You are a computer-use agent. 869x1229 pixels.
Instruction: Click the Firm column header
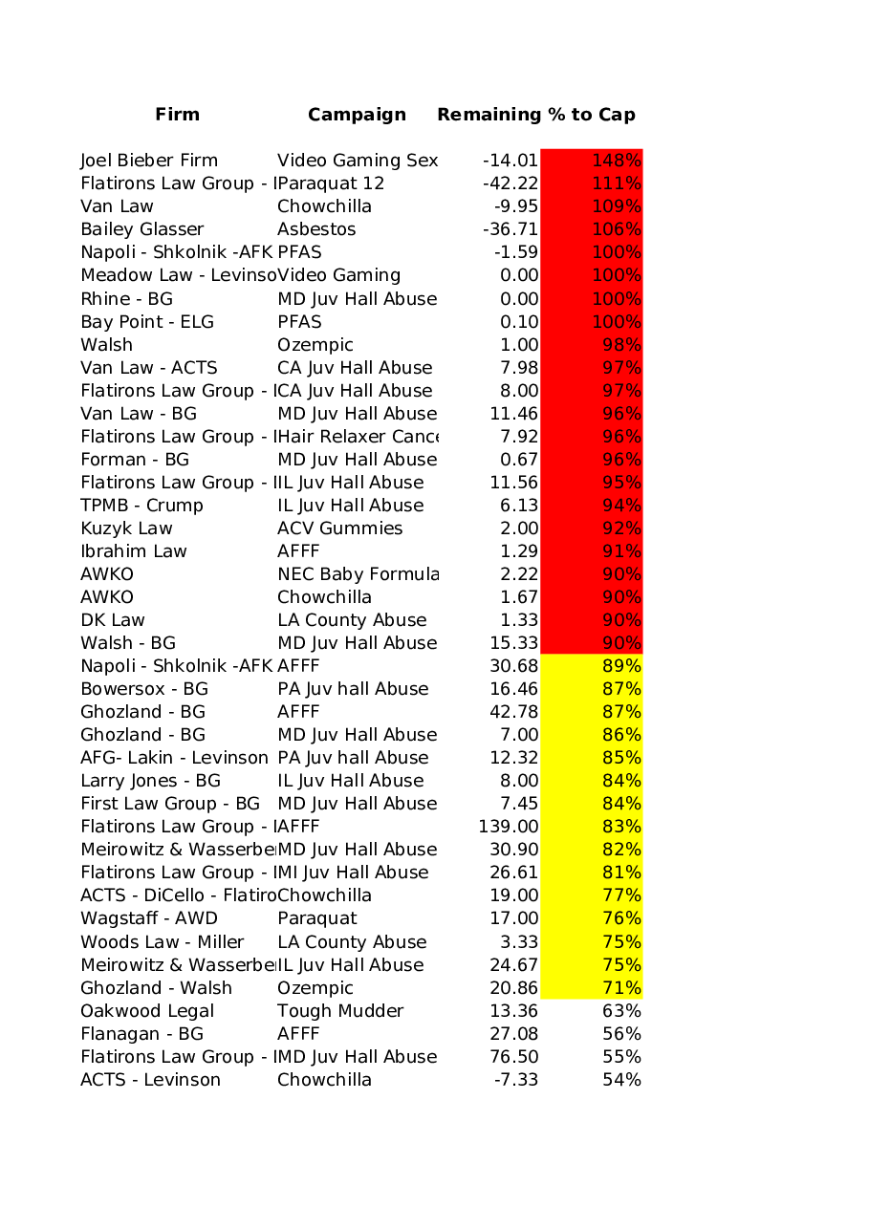point(177,115)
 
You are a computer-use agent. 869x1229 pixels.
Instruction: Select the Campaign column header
point(357,115)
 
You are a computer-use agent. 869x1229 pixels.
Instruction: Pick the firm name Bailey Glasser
point(141,229)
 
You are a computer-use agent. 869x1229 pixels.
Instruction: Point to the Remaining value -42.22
point(511,183)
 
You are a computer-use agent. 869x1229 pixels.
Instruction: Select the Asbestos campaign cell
point(316,229)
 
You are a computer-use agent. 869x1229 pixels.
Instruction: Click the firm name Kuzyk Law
point(126,528)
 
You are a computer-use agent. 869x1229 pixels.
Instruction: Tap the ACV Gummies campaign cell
point(339,528)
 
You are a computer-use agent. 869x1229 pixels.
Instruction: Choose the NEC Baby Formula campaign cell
point(357,574)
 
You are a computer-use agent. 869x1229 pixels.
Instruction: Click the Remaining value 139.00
point(508,827)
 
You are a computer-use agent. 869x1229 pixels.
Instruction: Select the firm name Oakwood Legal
point(147,1011)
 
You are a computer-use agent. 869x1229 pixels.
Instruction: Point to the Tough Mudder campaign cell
point(340,1011)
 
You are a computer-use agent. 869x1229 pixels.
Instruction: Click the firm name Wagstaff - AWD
point(148,918)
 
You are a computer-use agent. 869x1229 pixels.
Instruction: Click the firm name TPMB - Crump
point(141,506)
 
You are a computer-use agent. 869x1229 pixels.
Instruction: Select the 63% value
point(621,1011)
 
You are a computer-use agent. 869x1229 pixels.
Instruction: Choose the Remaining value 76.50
point(513,1057)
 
